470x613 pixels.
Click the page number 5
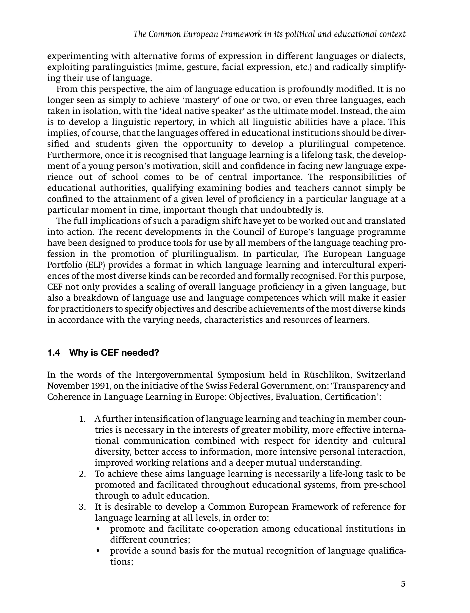(403, 584)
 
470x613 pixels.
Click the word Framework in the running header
(241, 34)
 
